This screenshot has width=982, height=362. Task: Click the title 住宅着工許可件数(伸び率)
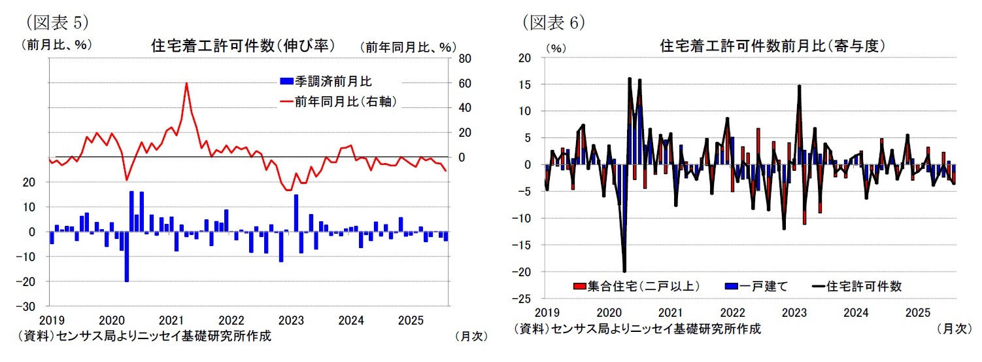(x=243, y=46)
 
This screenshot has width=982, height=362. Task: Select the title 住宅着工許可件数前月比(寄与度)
(x=772, y=46)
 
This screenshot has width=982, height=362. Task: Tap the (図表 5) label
(x=57, y=22)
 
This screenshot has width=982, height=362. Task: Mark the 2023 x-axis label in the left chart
(x=291, y=321)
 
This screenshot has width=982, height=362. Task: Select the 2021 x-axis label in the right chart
(x=671, y=313)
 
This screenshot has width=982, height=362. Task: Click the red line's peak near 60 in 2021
(x=186, y=83)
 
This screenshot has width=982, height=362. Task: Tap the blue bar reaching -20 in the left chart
(x=127, y=257)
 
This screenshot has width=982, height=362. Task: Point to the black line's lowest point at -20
(x=624, y=271)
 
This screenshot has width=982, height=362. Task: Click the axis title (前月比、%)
(x=57, y=46)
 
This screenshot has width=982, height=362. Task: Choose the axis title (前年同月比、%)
(x=407, y=47)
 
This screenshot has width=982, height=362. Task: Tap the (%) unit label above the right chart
(x=554, y=48)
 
